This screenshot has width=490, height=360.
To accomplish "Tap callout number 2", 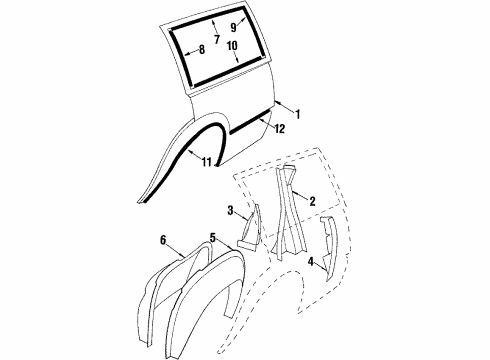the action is click(x=313, y=201).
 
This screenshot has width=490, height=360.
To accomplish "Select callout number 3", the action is click(x=232, y=211).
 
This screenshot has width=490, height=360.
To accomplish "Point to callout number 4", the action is click(x=312, y=262).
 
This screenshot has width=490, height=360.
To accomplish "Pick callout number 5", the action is click(x=212, y=238).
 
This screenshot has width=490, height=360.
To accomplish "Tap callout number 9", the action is click(x=235, y=27).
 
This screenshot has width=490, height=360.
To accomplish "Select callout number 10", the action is click(x=232, y=46).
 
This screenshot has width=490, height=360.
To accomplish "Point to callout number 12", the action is click(x=279, y=128).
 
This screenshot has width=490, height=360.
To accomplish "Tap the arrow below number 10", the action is click(x=232, y=58).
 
